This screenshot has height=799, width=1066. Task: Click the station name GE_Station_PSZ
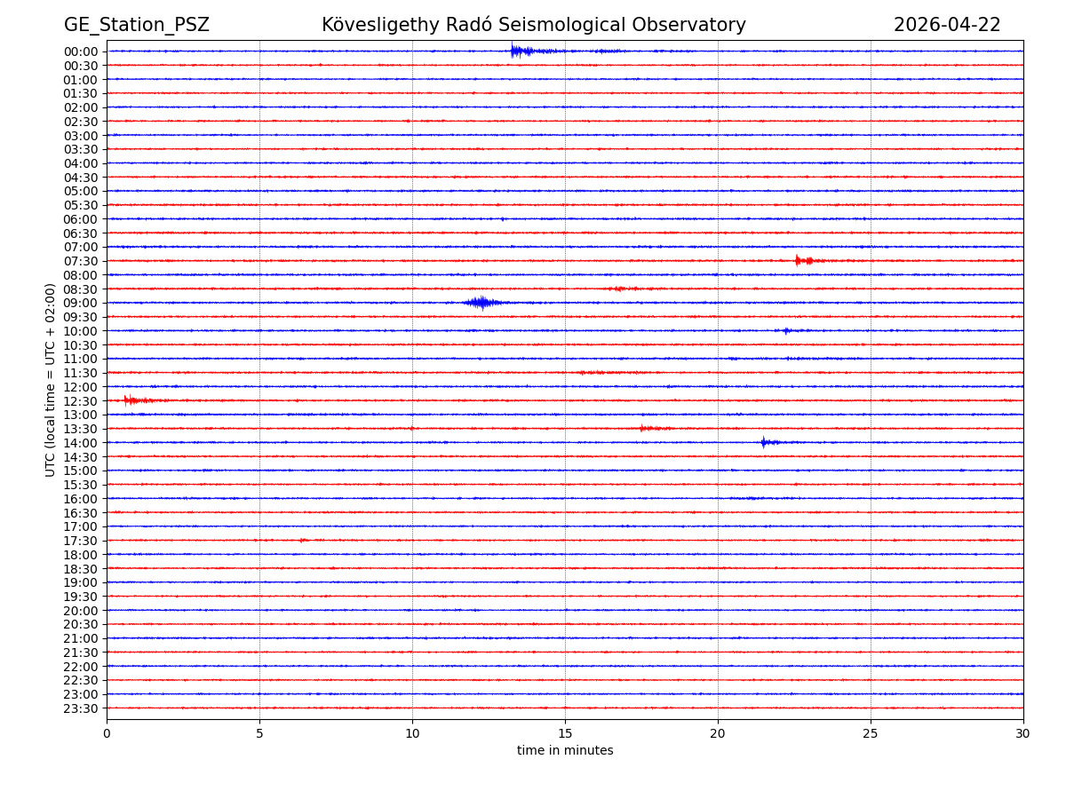click(136, 25)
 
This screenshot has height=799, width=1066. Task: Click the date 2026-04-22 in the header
click(946, 25)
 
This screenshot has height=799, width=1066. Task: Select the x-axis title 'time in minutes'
click(565, 750)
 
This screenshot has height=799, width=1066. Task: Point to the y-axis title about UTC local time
click(51, 379)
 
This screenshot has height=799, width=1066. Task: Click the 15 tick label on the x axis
click(565, 733)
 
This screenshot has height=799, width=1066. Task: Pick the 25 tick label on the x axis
click(871, 733)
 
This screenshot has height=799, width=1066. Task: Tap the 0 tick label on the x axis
click(107, 733)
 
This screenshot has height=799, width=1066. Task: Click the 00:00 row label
click(81, 51)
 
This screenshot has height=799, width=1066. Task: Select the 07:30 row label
click(81, 261)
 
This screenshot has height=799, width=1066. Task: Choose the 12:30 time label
click(81, 400)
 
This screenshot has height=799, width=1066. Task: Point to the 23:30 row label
click(81, 708)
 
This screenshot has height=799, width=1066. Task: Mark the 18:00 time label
click(81, 554)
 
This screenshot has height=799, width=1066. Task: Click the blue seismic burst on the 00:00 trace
click(520, 51)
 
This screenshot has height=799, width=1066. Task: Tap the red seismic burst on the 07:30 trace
click(804, 260)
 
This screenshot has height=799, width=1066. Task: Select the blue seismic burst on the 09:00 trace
click(481, 303)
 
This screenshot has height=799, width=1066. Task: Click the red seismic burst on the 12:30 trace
click(133, 400)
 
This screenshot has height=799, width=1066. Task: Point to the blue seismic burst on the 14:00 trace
click(766, 442)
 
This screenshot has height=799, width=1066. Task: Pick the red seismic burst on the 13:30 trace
click(650, 428)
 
